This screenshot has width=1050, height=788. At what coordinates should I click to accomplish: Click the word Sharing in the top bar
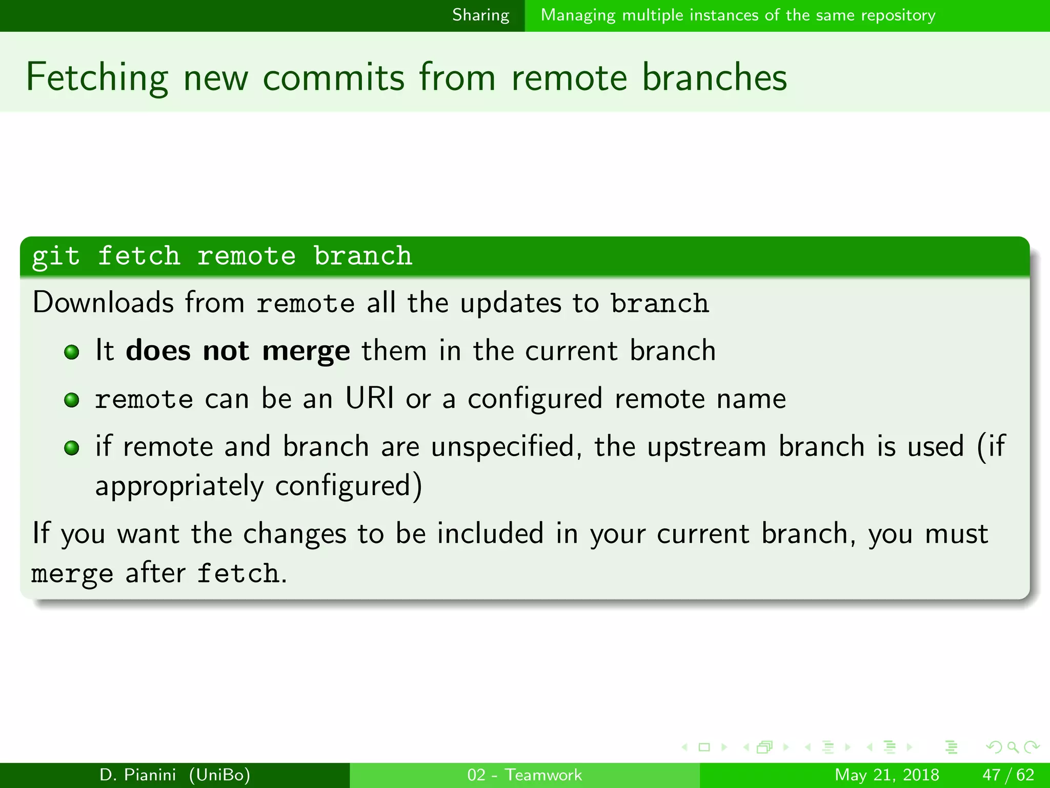point(480,15)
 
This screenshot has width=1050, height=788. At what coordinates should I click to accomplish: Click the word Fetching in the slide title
point(97,77)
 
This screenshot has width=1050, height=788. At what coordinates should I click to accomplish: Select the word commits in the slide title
point(334,77)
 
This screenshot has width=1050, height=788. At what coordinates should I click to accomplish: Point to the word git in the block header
point(56,256)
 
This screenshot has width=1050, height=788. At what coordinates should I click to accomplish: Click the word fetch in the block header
point(139,256)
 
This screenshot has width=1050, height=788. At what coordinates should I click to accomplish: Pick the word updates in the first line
point(511,303)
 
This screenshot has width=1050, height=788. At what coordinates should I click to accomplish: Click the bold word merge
point(306,352)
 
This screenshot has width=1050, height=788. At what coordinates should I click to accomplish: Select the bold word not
point(226,351)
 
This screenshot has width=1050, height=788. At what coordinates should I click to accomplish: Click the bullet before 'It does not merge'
point(72,352)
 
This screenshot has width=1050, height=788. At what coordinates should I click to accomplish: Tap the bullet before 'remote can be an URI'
point(72,400)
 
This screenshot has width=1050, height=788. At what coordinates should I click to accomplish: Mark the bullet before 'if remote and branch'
point(72,448)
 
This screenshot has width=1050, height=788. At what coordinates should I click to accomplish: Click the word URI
point(370,398)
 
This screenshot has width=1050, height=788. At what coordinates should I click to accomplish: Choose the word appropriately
point(179,486)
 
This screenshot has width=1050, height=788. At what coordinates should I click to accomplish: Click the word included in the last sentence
point(490,534)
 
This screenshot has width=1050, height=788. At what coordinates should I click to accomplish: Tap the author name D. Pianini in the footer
point(137,775)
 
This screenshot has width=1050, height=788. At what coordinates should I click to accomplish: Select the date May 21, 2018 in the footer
point(887,775)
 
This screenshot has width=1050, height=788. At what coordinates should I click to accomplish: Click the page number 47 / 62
point(1008,775)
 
